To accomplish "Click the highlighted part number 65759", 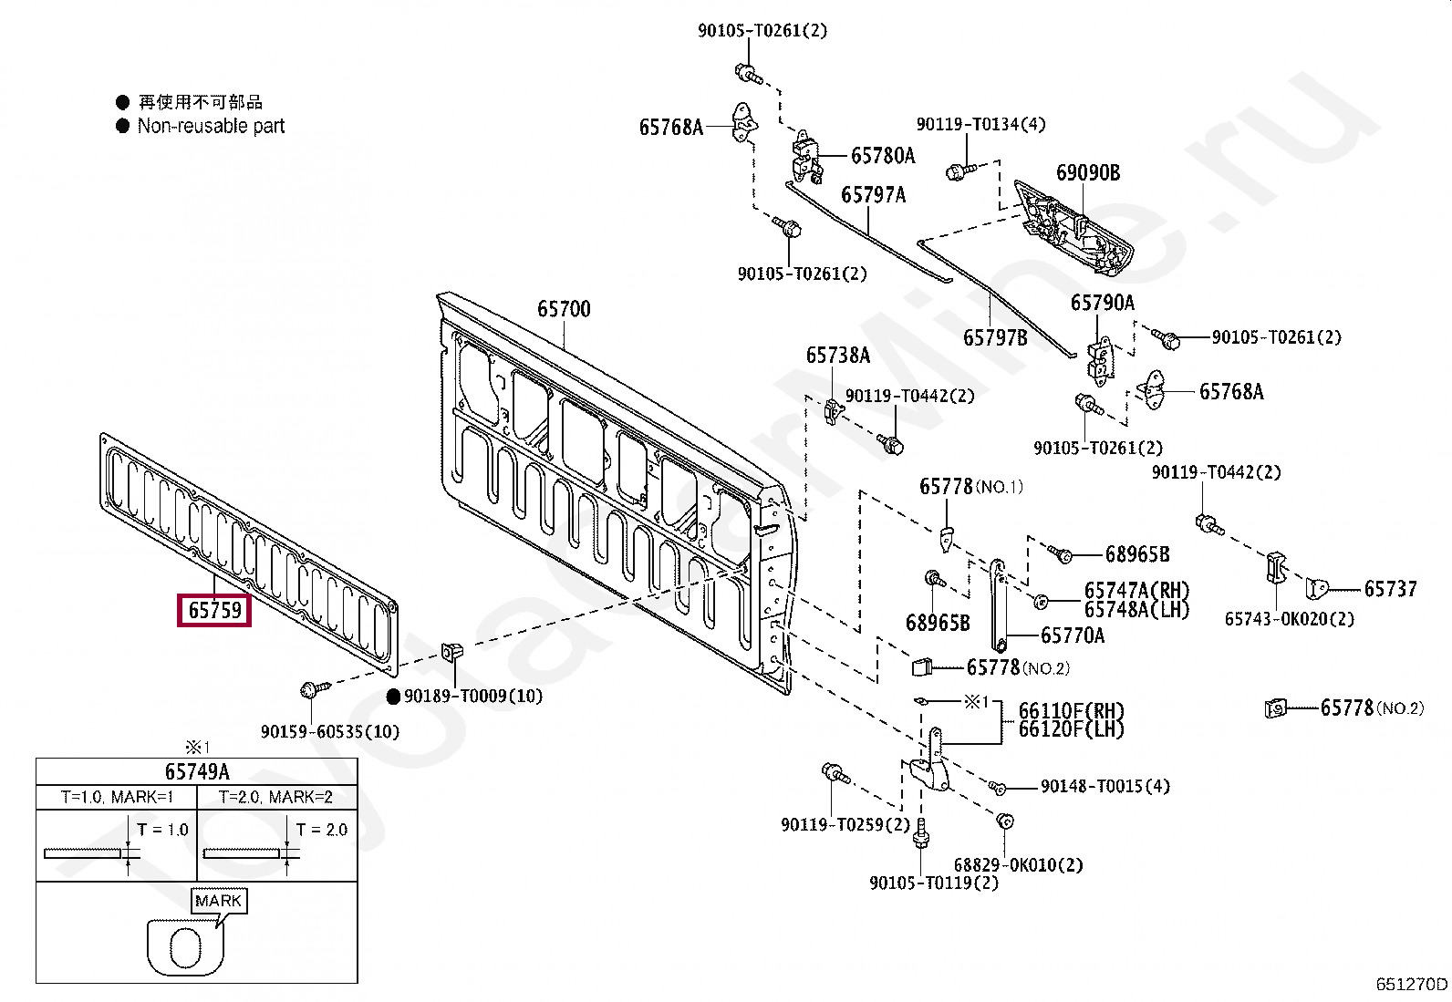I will coord(214,610).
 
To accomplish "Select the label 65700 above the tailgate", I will coord(563,309).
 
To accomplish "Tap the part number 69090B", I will coord(1087,173).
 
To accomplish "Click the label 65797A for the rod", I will coord(873,195).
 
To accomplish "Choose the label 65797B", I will coord(994,338).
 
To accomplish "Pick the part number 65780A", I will coord(882,156).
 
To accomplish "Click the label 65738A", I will coord(836,356).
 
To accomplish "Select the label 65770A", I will coord(1072,635).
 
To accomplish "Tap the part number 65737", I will coord(1390,590).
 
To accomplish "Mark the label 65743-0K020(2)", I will coord(1289,619).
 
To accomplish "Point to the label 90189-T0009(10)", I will coord(472,697).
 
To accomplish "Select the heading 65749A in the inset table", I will coord(197,771).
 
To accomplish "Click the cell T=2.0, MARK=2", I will coord(276,797).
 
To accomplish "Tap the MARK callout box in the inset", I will coord(218,901).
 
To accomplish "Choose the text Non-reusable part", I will coord(211,127).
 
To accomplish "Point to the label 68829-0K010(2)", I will coord(1018,864).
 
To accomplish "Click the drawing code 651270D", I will coord(1411,984).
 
